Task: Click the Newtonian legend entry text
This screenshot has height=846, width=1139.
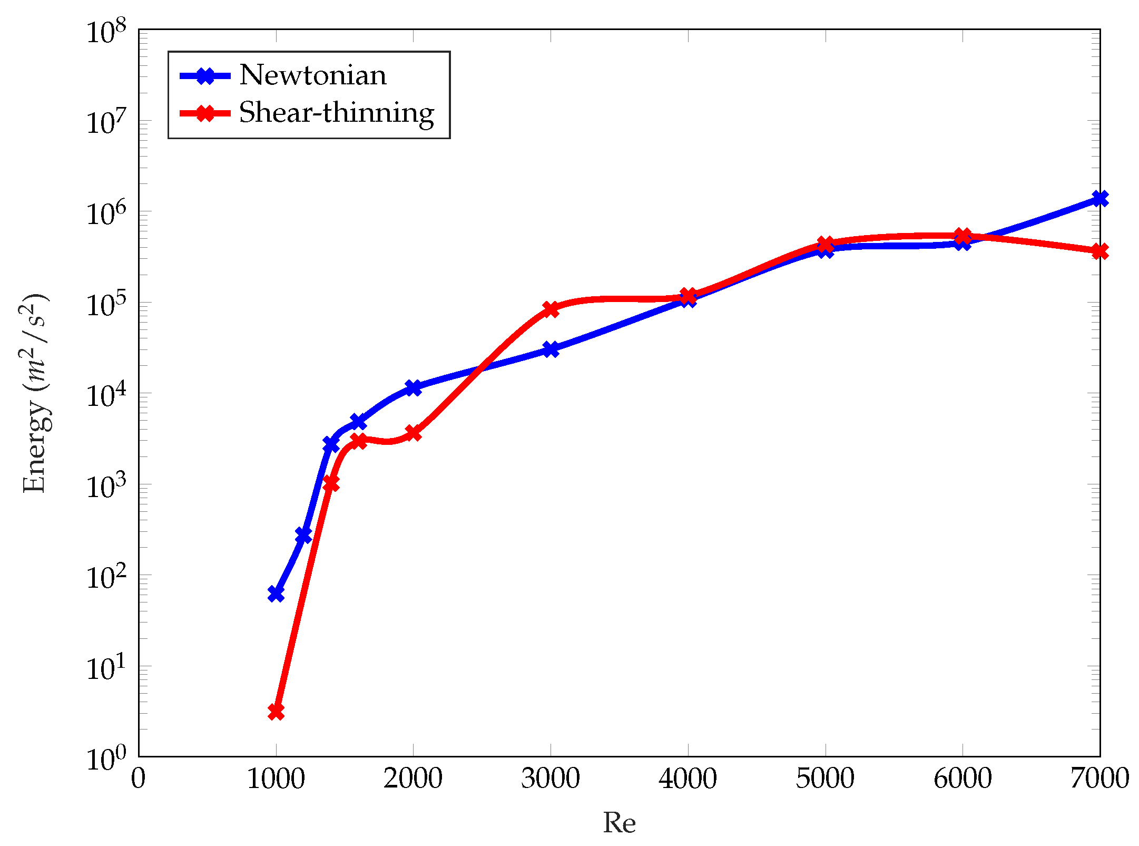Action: pos(313,75)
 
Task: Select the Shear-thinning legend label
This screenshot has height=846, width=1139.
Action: pos(336,113)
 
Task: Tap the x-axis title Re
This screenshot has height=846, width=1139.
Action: pos(619,823)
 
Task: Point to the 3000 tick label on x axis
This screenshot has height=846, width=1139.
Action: pos(551,779)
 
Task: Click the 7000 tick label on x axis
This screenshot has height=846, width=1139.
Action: pos(1099,779)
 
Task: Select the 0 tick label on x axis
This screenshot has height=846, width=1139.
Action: pos(139,779)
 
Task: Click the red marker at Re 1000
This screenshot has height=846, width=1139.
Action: pos(276,712)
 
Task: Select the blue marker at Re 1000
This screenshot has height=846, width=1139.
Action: pos(276,594)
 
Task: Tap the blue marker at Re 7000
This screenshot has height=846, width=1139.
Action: pos(1099,199)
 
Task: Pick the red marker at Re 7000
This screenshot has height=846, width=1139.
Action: pos(1099,251)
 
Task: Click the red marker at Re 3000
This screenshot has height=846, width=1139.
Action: pos(551,309)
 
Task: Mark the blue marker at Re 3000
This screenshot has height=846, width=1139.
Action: pos(551,349)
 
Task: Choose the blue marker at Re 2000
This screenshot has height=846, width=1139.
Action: pos(413,388)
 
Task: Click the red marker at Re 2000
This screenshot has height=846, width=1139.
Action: pos(413,434)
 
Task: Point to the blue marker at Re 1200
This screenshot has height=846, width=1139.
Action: pos(303,536)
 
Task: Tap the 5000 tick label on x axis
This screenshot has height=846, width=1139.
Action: pos(825,779)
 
